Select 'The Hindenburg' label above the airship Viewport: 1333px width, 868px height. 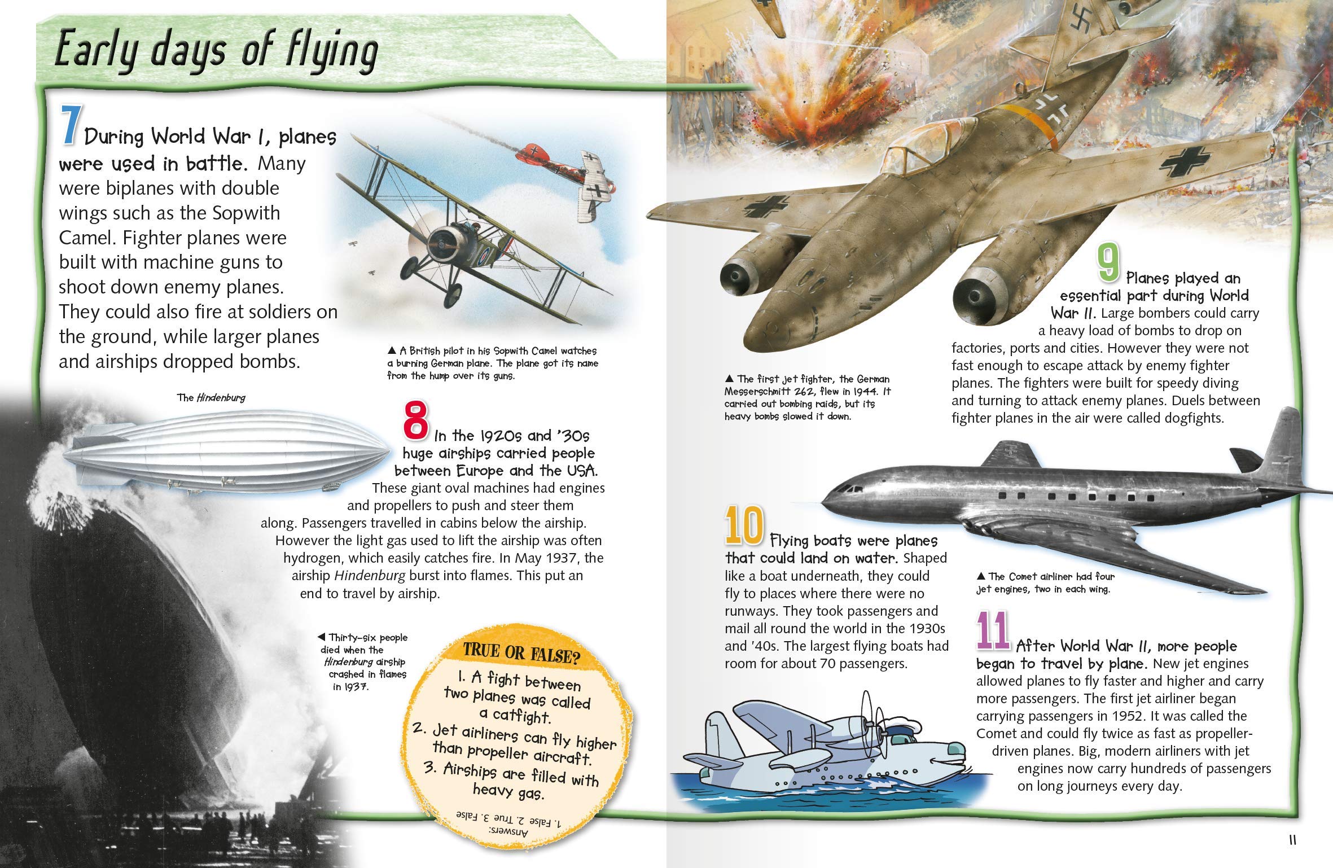211,397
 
